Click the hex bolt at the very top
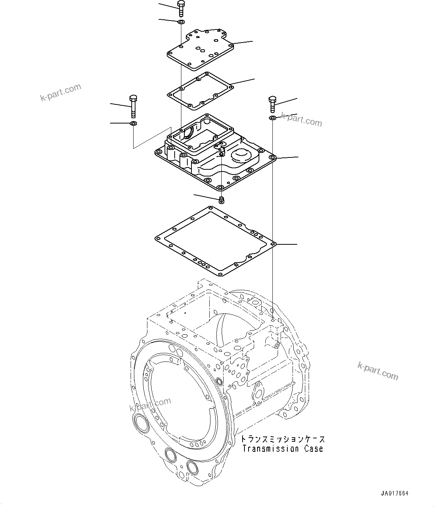pos(181,8)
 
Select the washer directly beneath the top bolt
pos(181,22)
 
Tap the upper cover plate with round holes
pos(200,50)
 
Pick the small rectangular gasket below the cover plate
pos(200,91)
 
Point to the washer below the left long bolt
pos(133,123)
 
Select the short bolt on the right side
pos(272,104)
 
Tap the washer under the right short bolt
pos(272,118)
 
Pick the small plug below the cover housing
pos(222,200)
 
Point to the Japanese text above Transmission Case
pos(282,439)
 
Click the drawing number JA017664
pos(394,494)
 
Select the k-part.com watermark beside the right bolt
pos(301,120)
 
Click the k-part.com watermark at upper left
pos(60,93)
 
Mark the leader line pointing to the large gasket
pos(287,245)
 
